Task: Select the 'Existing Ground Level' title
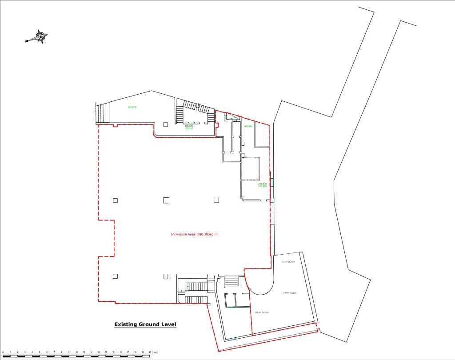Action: [145, 324]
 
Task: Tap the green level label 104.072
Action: [132, 107]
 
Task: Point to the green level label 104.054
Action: [248, 126]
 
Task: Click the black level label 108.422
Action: [189, 126]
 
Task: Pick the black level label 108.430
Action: [262, 184]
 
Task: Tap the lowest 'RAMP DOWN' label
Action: [262, 312]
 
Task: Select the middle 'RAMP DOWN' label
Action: [290, 293]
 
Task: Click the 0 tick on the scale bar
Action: [3, 352]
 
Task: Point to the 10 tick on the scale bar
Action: [77, 352]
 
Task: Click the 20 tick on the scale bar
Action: [150, 352]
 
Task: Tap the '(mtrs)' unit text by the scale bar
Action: [155, 352]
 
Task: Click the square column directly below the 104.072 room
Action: [166, 124]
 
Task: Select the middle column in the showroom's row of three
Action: [166, 200]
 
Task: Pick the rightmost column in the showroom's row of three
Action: [216, 200]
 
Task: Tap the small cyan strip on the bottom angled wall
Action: [233, 339]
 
